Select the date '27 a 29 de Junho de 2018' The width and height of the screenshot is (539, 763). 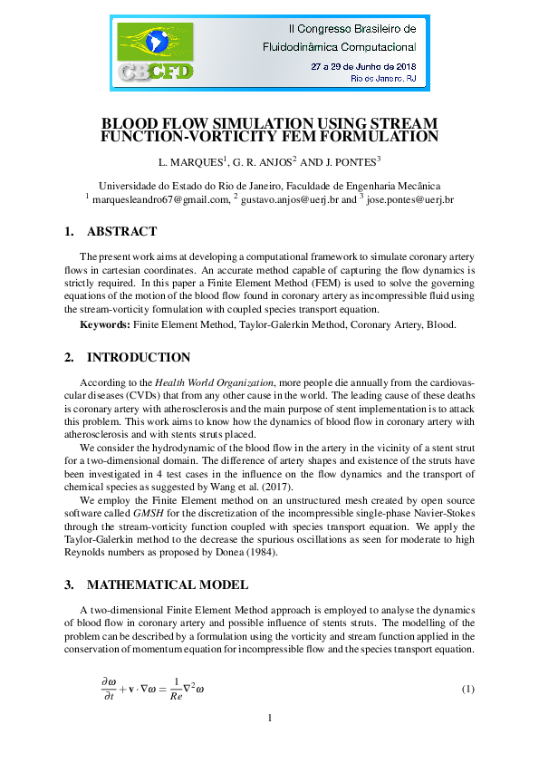362,66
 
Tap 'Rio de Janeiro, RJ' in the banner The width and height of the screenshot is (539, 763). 382,80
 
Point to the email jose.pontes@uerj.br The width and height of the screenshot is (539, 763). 409,198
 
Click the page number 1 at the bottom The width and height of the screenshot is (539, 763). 270,719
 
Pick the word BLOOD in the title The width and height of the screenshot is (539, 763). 132,123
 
